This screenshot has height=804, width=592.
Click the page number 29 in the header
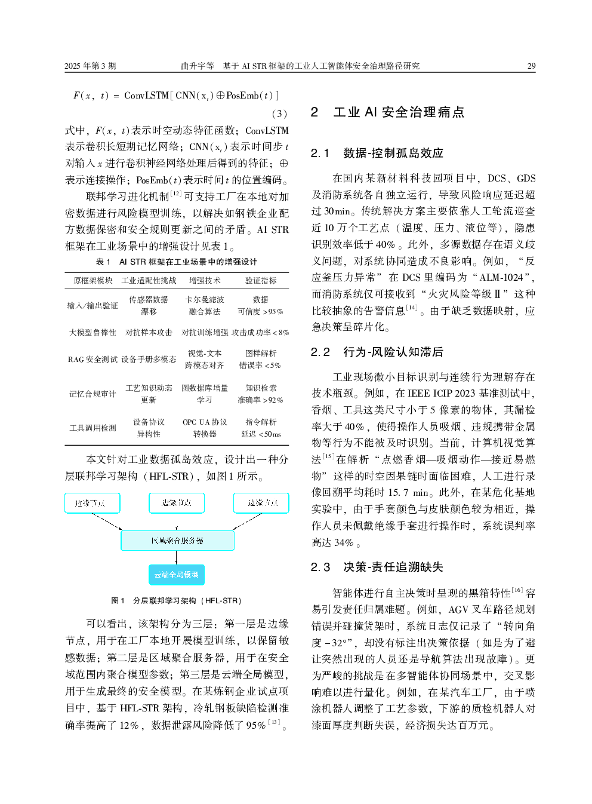(x=531, y=66)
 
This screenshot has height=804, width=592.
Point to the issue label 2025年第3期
(x=90, y=66)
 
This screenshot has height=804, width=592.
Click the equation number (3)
(x=279, y=113)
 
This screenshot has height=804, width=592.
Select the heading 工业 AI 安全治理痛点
(x=398, y=112)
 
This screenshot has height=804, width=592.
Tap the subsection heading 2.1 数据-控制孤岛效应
(x=377, y=153)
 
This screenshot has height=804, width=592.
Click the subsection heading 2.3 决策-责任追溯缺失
(x=377, y=567)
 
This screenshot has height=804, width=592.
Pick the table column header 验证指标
(x=261, y=280)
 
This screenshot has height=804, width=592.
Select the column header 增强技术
(x=205, y=280)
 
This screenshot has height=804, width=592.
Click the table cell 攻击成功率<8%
(x=260, y=332)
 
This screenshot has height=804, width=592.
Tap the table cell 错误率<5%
(x=260, y=365)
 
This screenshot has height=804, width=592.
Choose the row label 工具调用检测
(x=92, y=428)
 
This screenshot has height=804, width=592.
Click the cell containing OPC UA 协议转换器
(x=205, y=428)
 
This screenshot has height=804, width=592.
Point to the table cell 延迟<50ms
(x=261, y=434)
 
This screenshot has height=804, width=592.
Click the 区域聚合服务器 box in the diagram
(x=177, y=541)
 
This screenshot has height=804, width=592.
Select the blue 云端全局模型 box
(x=177, y=575)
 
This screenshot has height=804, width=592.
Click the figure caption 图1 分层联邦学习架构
(x=177, y=600)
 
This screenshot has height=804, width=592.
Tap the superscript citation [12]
(x=176, y=193)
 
